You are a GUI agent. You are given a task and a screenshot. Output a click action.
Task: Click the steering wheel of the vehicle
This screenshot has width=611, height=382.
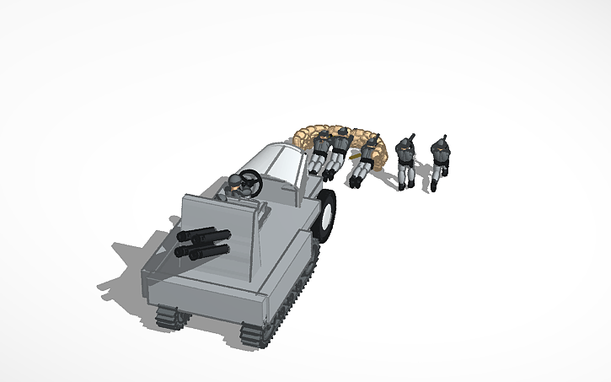click(250, 180)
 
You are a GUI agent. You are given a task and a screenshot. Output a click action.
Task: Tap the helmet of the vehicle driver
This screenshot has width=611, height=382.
click(236, 182)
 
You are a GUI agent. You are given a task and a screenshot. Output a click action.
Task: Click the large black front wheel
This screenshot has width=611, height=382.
click(325, 214)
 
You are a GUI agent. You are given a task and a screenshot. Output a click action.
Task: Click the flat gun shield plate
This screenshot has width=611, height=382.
click(219, 236)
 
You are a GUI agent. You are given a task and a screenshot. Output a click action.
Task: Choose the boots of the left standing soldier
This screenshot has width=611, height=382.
click(405, 184)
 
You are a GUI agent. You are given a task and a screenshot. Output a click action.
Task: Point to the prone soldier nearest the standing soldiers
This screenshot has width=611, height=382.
click(367, 160)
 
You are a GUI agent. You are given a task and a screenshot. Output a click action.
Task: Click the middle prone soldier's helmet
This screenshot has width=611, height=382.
click(343, 132)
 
